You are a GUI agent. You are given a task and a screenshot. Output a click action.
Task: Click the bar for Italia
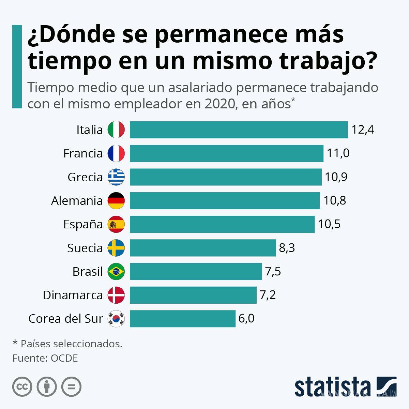[239, 130]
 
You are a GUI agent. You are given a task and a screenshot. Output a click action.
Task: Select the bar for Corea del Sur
[182, 319]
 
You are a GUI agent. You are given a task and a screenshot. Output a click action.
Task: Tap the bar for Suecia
[202, 248]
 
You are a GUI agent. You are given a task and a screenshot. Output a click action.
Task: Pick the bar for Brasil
[196, 271]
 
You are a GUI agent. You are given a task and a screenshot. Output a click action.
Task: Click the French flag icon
[116, 153]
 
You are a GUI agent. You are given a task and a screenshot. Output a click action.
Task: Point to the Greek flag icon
[116, 177]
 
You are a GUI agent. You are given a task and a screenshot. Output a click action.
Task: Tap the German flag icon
[116, 200]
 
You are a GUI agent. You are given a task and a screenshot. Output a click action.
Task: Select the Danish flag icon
[116, 295]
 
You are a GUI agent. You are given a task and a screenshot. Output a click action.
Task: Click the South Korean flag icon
[116, 319]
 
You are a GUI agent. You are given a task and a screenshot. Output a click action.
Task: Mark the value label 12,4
[363, 130]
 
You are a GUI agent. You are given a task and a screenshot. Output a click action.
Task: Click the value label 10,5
[329, 224]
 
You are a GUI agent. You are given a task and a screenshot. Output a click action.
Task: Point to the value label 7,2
[268, 295]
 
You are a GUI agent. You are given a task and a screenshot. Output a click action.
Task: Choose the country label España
[83, 224]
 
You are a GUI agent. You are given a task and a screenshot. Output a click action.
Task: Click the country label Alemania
[77, 201]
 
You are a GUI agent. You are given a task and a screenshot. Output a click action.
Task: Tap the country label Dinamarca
[73, 295]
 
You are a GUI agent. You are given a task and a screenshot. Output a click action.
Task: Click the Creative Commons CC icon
[22, 387]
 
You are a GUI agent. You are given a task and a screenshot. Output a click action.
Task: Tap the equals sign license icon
[71, 387]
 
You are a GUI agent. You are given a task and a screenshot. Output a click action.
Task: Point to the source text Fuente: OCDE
[45, 358]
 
